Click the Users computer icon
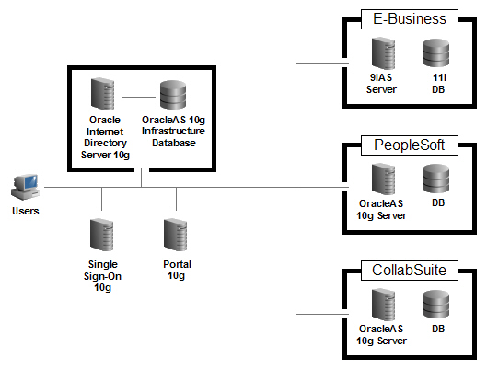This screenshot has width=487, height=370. (25, 185)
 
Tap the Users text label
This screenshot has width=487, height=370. (26, 211)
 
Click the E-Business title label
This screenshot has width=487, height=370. (403, 18)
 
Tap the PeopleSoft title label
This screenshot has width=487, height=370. (403, 145)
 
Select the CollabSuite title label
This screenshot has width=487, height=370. (403, 272)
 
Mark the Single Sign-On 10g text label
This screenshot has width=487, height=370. (103, 275)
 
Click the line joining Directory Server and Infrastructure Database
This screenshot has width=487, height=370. (138, 96)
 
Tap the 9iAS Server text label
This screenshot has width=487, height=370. (381, 85)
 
